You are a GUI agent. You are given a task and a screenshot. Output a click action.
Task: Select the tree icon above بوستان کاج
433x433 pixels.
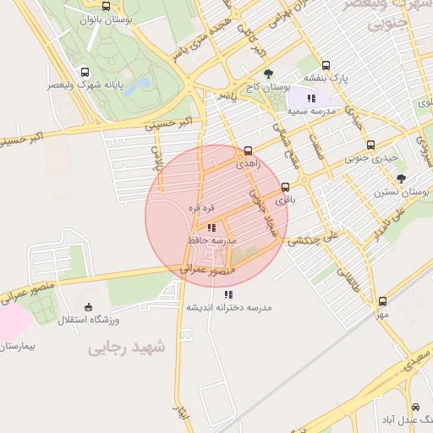tap(268, 74)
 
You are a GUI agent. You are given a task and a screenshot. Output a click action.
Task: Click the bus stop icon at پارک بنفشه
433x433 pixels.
tap(326, 65)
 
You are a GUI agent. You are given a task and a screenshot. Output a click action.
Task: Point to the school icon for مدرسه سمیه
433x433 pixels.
tap(312, 98)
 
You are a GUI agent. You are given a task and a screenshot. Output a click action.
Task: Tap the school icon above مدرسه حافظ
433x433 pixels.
tap(211, 227)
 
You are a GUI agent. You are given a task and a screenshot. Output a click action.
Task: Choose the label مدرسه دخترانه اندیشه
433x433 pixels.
tap(228, 307)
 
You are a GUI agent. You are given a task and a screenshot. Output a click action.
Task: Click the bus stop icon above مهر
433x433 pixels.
tap(383, 301)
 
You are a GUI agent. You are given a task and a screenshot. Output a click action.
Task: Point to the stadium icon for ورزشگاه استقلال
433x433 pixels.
tap(90, 307)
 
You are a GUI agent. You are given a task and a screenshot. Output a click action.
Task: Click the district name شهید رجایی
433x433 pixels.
tap(128, 348)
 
